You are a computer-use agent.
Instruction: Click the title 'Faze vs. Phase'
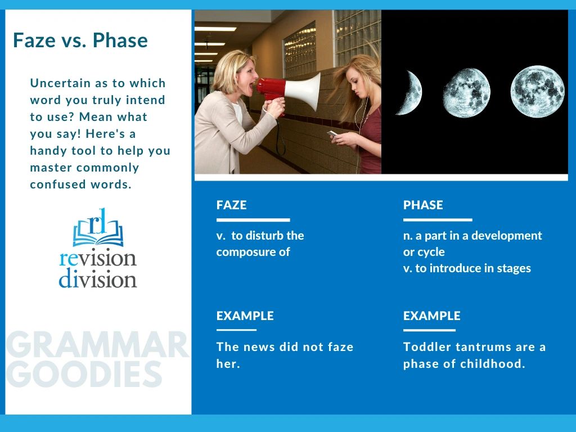pos(80,40)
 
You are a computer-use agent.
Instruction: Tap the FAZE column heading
pos(231,205)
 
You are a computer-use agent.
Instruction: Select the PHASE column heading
pos(423,205)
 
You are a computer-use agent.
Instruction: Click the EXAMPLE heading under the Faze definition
pos(245,316)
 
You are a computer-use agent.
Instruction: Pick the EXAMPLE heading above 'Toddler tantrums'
pos(431,316)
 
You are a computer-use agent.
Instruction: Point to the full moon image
pos(537,91)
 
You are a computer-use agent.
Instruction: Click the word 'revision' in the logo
pos(98,258)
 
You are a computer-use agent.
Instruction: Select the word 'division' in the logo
pos(98,280)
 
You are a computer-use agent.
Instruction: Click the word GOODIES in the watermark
pos(84,374)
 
